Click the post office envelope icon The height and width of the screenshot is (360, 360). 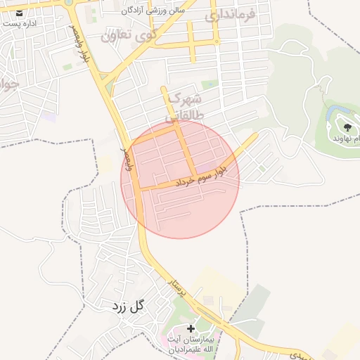[20, 13]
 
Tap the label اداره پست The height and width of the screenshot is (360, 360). [20, 23]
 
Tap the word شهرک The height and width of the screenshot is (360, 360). [186, 97]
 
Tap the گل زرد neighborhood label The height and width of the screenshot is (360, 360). [127, 306]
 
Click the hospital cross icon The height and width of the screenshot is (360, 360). [191, 329]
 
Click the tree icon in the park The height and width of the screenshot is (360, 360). [347, 127]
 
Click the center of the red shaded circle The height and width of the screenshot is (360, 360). [181, 179]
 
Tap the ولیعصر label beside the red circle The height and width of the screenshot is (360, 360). [127, 159]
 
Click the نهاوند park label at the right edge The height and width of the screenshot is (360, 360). [347, 139]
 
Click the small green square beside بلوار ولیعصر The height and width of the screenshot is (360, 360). [67, 67]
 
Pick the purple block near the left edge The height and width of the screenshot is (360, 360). [48, 117]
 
